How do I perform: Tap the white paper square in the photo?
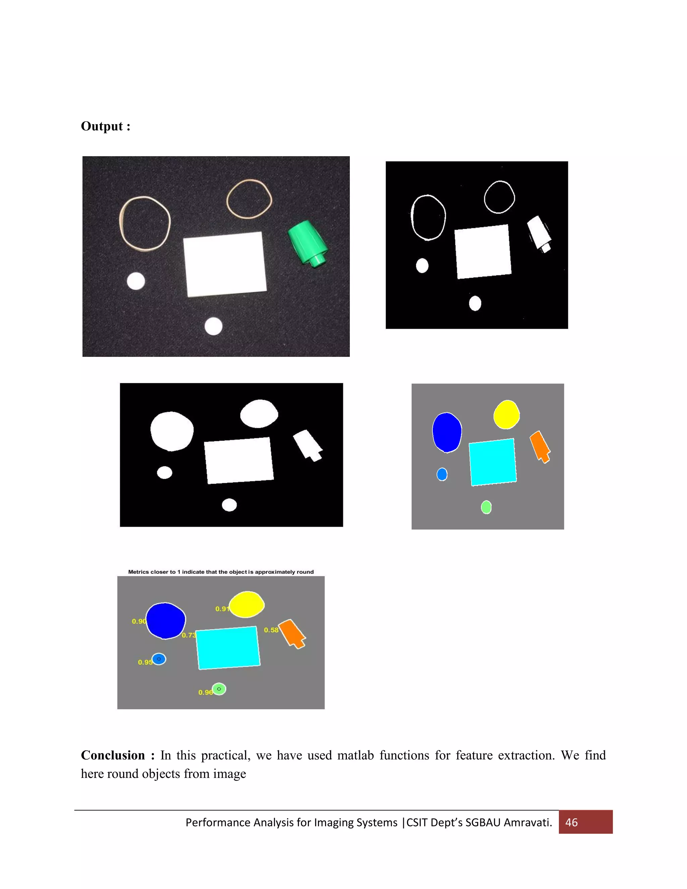[225, 264]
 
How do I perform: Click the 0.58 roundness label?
[271, 630]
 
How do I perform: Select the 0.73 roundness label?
[189, 635]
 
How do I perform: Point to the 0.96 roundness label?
[205, 692]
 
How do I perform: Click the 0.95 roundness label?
[145, 662]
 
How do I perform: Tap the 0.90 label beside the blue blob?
[139, 621]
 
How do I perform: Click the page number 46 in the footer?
[571, 822]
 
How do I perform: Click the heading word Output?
[102, 126]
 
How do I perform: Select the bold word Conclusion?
[113, 755]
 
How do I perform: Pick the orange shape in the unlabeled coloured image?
[540, 446]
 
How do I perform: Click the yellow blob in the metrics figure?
[247, 604]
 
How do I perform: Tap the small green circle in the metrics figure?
[219, 689]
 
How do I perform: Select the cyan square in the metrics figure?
[228, 647]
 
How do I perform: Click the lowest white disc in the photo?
[213, 326]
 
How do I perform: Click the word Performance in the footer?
[218, 822]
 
